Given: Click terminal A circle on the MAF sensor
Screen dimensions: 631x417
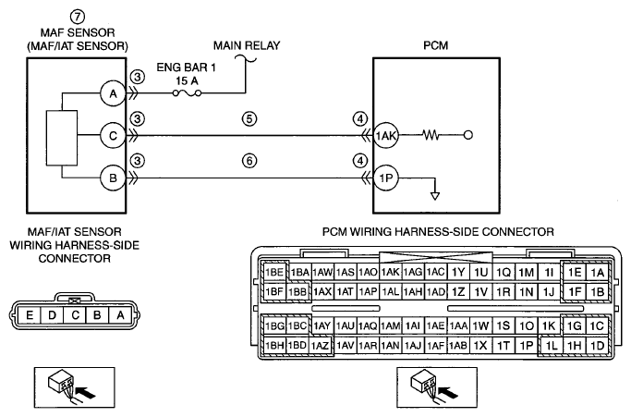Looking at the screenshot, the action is (113, 93).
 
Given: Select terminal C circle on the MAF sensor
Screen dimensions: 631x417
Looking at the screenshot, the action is (113, 136).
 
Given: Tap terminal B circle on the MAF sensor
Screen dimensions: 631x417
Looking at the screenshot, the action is (113, 178).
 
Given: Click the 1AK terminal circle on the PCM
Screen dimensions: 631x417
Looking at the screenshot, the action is (386, 136).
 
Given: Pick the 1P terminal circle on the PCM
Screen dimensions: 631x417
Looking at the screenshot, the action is (386, 178).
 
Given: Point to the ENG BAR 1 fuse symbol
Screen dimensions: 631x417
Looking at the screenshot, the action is (188, 93).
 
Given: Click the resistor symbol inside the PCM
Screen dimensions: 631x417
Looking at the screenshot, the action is (431, 135).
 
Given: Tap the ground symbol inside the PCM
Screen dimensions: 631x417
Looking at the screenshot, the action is (435, 196).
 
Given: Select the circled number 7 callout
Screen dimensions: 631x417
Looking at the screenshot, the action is (78, 17).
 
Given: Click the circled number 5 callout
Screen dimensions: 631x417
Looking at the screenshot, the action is (249, 119).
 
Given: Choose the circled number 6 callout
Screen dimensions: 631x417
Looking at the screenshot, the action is (249, 161).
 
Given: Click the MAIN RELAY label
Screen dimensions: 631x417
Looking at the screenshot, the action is (247, 45).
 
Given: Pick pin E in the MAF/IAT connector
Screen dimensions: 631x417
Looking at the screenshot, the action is (30, 315).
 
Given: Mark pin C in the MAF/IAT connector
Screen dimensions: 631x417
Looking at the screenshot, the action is (75, 315).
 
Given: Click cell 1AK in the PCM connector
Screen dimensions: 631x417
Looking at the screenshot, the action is (390, 273).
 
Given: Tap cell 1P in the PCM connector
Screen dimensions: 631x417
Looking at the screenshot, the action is (526, 345).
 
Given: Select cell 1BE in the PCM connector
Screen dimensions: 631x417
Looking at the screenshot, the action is (274, 273).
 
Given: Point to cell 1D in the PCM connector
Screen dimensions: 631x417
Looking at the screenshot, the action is (597, 345).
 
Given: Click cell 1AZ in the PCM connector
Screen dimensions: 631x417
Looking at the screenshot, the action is (321, 345).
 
